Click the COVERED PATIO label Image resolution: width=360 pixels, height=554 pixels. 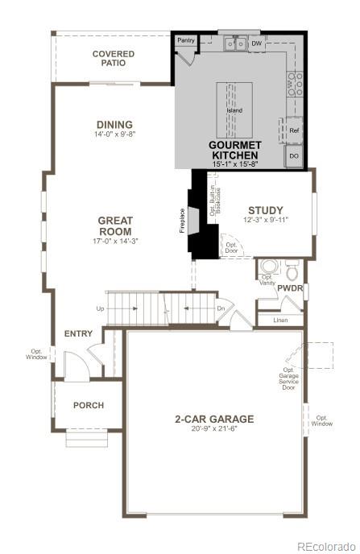pyautogui.click(x=113, y=59)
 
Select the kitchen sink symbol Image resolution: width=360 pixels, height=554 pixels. pyautogui.click(x=235, y=43)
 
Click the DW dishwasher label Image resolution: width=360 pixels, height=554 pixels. pyautogui.click(x=256, y=43)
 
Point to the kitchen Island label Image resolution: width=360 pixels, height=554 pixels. pyautogui.click(x=234, y=110)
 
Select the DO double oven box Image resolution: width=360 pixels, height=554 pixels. pyautogui.click(x=293, y=155)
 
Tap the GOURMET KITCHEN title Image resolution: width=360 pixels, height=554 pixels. pyautogui.click(x=234, y=150)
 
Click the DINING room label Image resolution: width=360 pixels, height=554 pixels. pyautogui.click(x=114, y=125)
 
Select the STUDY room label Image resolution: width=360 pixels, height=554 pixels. pyautogui.click(x=265, y=210)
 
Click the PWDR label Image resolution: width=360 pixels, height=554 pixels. pyautogui.click(x=290, y=288)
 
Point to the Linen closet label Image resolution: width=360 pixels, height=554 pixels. pyautogui.click(x=280, y=320)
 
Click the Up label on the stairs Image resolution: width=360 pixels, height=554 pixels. pyautogui.click(x=100, y=308)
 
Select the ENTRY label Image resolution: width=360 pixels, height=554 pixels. pyautogui.click(x=78, y=333)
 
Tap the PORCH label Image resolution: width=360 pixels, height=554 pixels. pyautogui.click(x=89, y=405)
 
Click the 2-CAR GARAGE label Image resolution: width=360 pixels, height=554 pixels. pyautogui.click(x=214, y=419)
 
